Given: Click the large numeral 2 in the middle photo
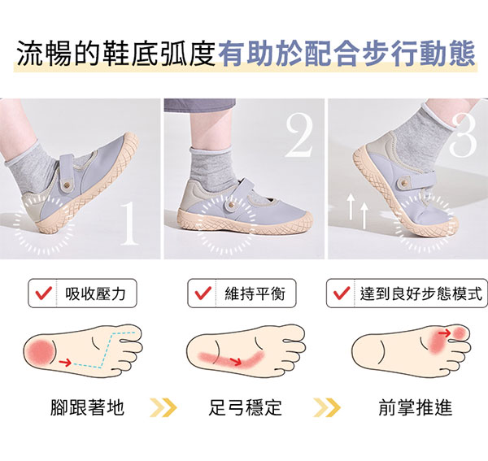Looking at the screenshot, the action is click(x=299, y=135).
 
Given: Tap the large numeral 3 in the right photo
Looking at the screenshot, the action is click(x=463, y=135).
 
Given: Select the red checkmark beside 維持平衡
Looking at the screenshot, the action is click(x=203, y=293).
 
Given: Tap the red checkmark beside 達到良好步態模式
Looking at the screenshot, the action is click(x=342, y=293).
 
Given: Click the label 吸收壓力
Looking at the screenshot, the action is click(x=95, y=294).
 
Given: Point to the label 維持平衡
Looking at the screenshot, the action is click(x=255, y=294).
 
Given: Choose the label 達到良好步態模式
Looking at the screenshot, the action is click(x=421, y=294).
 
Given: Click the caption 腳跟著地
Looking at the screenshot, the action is click(x=88, y=407).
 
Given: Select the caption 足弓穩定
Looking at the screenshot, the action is click(x=246, y=407).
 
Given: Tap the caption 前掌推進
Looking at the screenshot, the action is click(x=415, y=407).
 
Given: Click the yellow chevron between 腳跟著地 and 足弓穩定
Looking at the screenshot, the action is click(x=163, y=407).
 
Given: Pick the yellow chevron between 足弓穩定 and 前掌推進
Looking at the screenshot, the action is click(x=327, y=407).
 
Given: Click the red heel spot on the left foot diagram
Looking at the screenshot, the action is click(x=40, y=352).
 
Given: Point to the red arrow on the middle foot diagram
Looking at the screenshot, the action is click(x=235, y=362).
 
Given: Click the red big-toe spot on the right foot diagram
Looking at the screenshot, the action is click(x=459, y=333).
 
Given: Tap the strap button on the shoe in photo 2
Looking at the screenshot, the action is click(x=231, y=204).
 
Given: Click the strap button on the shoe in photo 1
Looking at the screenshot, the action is click(x=66, y=185).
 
